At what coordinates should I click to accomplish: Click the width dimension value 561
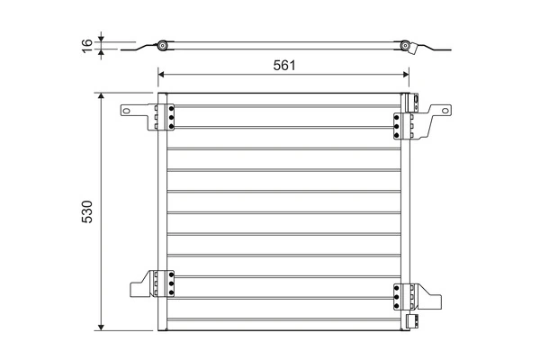pyautogui.click(x=284, y=66)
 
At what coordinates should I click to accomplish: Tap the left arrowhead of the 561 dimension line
pyautogui.click(x=162, y=76)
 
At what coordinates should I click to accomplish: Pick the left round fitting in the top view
pyautogui.click(x=162, y=46)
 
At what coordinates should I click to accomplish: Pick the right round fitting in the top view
pyautogui.click(x=406, y=46)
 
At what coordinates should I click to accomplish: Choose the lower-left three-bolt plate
pyautogui.click(x=166, y=283)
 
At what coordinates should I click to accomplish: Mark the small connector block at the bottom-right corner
pyautogui.click(x=410, y=319)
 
